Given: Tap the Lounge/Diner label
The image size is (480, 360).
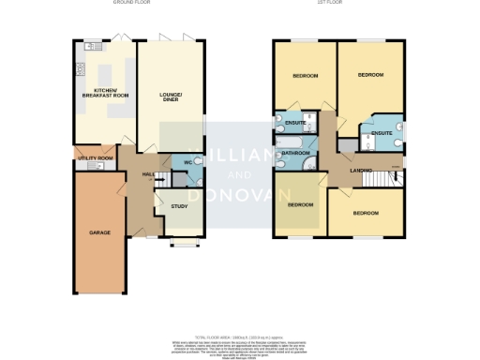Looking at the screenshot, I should click(171, 97).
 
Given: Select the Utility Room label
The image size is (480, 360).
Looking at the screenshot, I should click(95, 158).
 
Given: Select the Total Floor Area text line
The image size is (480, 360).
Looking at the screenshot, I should click(240, 335).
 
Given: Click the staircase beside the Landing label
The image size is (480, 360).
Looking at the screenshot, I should click(382, 177).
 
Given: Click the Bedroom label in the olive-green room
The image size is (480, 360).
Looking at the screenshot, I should click(300, 203).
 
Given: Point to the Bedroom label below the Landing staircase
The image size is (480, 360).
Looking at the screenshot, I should click(366, 213).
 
